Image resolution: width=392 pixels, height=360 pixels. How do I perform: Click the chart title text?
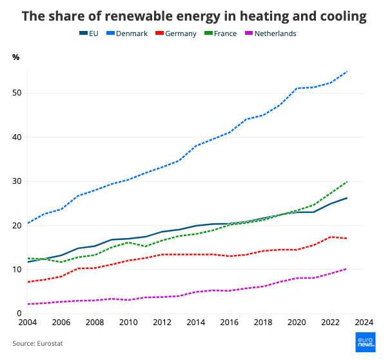195,15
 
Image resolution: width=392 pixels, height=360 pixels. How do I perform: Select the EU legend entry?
90,34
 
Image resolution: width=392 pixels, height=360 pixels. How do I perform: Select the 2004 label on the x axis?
27,322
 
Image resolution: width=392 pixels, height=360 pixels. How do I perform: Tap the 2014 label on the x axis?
195,322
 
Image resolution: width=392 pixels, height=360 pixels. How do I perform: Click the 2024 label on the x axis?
364,322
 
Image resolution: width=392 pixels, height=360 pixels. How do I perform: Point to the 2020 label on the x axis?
297,322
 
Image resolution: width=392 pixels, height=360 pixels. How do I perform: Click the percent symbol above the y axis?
16,57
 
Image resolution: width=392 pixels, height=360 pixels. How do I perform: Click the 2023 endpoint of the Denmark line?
347,72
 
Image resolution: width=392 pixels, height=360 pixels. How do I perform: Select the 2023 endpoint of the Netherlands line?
347,268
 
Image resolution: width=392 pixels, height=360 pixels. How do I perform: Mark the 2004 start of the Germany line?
27,282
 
